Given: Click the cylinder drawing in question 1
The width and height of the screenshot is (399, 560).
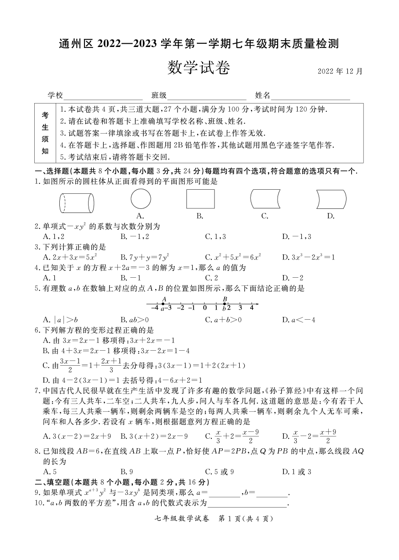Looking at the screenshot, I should pos(77,203).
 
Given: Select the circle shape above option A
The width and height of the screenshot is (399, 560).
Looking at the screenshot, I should pos(141,199).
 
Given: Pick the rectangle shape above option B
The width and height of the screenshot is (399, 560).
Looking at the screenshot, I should pos(200,199).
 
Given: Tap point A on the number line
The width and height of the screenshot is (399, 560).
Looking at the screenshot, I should pos(163,304).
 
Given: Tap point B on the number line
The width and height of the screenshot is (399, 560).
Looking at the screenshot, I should pos(225,304).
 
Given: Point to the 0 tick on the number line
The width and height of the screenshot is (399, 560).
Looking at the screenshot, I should pos(205,304).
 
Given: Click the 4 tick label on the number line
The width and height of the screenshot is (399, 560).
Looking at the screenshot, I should pos(252,307).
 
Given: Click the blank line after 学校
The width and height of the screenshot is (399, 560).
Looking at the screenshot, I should pos(104,96).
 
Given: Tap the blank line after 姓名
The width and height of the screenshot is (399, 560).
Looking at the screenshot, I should pos(310,96).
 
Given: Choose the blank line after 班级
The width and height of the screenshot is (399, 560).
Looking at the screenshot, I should pos(207,96).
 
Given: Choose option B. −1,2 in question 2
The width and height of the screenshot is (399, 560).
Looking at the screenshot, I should pos(135,237).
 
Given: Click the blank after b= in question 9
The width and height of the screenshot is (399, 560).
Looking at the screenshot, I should pos(273,493).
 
